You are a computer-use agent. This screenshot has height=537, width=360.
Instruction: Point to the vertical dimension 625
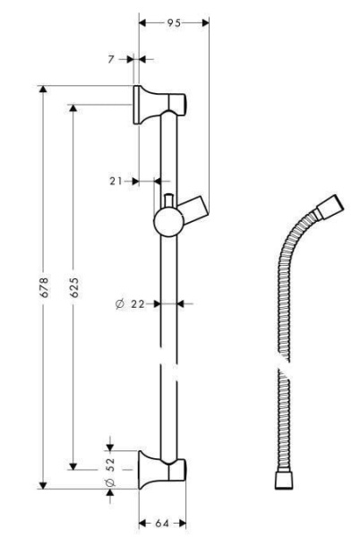click(74, 286)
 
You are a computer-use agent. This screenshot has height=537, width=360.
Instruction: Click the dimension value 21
click(116, 181)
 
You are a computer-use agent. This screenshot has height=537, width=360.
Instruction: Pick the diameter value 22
click(137, 304)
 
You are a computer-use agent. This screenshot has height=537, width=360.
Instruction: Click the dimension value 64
click(162, 522)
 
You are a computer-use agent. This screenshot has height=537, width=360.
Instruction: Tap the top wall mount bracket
click(158, 105)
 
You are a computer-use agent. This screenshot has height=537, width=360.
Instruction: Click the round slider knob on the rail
click(165, 218)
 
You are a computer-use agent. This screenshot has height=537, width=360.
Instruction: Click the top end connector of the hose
click(330, 206)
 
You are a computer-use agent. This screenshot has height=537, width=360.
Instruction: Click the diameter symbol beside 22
click(120, 304)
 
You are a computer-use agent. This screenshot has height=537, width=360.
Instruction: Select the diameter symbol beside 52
click(110, 484)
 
